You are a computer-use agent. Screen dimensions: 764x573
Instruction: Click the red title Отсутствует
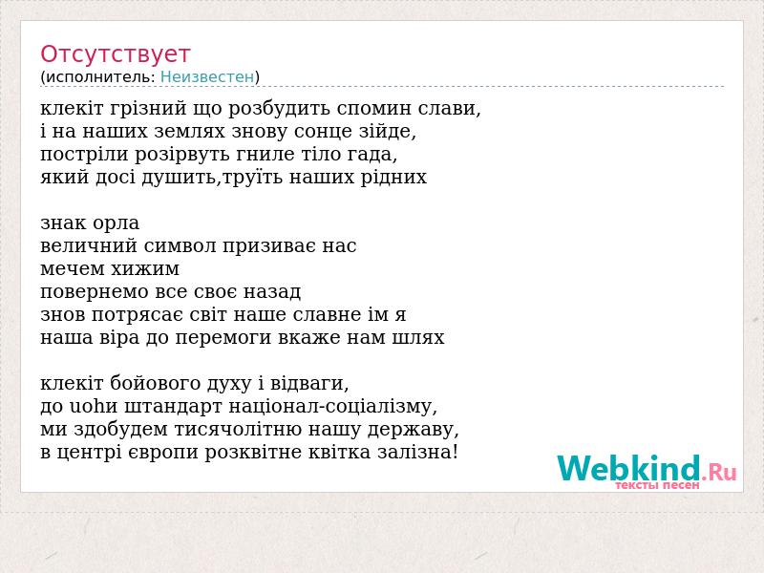(x=115, y=54)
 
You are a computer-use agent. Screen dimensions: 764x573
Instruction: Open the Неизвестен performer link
(x=207, y=76)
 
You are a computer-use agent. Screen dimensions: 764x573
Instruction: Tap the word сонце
(x=325, y=132)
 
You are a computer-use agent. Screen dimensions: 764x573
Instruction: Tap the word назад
(x=272, y=292)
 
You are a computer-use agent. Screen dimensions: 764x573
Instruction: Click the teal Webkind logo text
(x=629, y=468)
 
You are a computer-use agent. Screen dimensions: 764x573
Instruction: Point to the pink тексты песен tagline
(x=657, y=485)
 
